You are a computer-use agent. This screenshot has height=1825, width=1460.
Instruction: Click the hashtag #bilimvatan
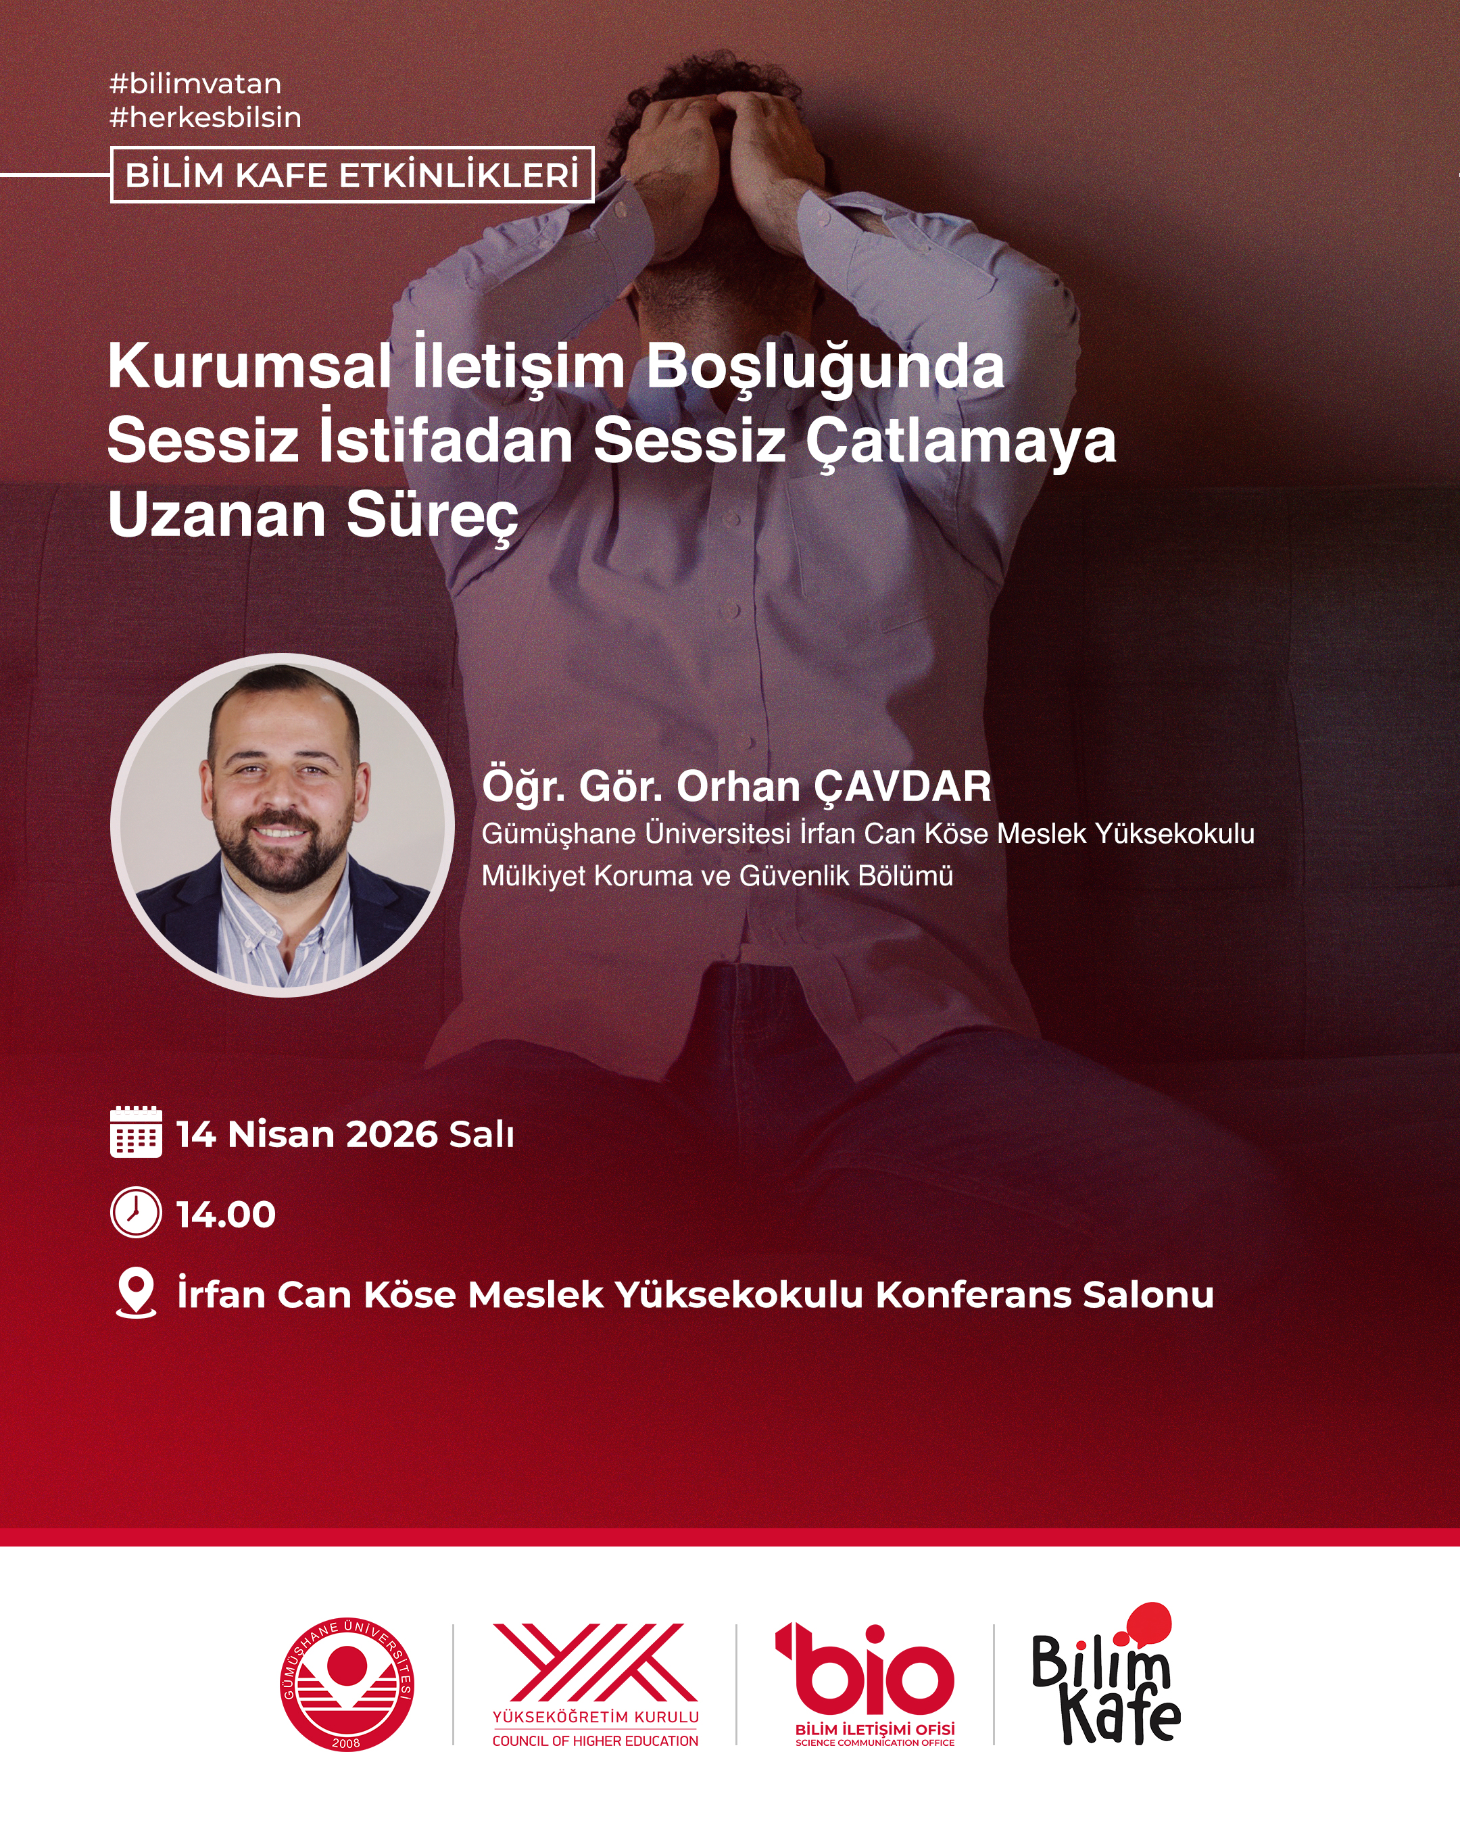[x=195, y=84]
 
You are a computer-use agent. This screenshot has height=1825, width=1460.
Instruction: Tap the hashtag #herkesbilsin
[x=205, y=117]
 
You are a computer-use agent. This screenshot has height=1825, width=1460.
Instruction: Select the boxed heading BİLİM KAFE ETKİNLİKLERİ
[x=352, y=175]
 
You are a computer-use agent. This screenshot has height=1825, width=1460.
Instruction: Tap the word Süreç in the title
[x=432, y=516]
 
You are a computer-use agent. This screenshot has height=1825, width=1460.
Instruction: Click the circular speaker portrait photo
[x=283, y=825]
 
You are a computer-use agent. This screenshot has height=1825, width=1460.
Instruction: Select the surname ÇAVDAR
[x=903, y=786]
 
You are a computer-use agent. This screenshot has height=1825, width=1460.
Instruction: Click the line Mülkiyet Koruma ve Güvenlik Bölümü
[x=717, y=875]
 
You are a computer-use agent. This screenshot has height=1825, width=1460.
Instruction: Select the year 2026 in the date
[x=391, y=1134]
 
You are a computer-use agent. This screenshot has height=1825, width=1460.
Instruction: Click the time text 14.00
[x=225, y=1215]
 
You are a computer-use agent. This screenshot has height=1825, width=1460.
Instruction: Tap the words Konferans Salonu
[x=1044, y=1295]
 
